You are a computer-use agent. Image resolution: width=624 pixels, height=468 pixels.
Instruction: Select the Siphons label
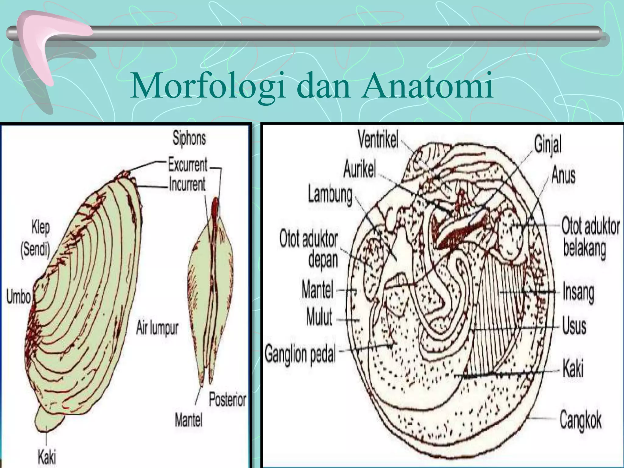[x=189, y=138]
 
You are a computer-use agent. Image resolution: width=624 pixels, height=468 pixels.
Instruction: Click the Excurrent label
[x=188, y=165]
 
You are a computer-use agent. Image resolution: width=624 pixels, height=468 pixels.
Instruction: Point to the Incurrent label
[x=187, y=184]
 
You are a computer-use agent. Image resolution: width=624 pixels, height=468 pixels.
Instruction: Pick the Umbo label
[x=19, y=297]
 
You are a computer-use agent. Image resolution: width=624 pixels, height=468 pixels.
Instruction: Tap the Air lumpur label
[x=157, y=328]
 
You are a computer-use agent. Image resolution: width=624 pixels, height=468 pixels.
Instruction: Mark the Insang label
[x=578, y=292]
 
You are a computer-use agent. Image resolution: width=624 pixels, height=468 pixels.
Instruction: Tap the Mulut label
[x=319, y=317]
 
